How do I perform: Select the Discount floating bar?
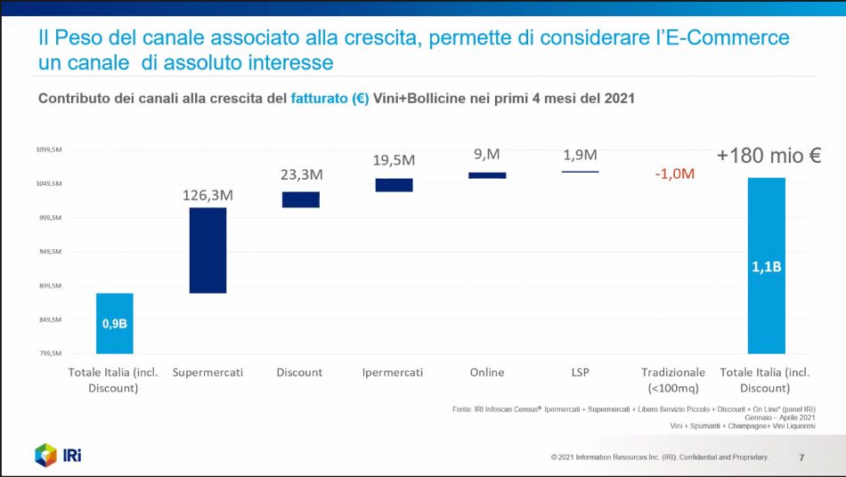coord(300,199)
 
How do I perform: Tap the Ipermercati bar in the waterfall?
coord(394,185)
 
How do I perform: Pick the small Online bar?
coord(487,175)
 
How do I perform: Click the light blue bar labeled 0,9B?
coord(115,323)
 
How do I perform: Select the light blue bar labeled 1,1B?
coord(766,265)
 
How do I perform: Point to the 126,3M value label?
coord(209,194)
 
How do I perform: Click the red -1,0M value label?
coord(674,174)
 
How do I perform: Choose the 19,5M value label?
coord(394,160)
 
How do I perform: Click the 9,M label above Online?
coord(487,155)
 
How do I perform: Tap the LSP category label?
coord(581,372)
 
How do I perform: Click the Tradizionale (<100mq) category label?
coord(673,380)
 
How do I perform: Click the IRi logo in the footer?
coord(59,455)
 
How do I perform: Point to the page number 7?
coord(801,458)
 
